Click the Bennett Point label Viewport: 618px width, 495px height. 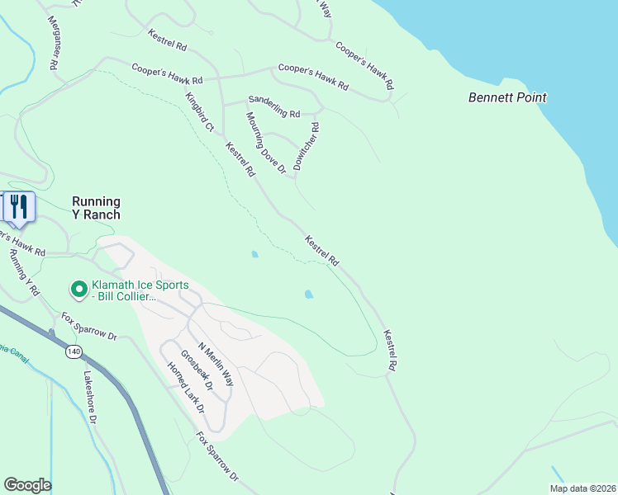pos(507,97)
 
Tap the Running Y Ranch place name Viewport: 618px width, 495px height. pos(96,208)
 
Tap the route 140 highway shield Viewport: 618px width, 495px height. pos(74,351)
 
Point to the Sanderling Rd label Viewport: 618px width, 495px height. pos(274,110)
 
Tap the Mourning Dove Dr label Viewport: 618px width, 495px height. pos(264,142)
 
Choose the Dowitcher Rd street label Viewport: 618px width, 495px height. pos(307,146)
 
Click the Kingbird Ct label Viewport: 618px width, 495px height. pos(199,112)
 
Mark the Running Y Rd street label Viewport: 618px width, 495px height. pos(24,272)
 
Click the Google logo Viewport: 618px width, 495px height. pos(27,485)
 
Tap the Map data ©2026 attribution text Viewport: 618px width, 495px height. pos(582,488)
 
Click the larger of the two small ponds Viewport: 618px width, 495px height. pos(309,294)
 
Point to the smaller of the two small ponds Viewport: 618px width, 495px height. pos(254,254)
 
